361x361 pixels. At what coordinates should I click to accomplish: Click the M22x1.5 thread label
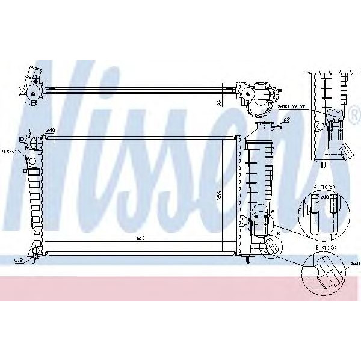(x=11, y=152)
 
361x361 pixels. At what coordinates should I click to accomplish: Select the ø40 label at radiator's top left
(x=50, y=130)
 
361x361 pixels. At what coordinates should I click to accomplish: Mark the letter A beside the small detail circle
(x=273, y=211)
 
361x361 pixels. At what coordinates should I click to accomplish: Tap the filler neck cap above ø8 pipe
(x=264, y=124)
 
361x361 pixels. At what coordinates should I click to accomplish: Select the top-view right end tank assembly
(x=259, y=96)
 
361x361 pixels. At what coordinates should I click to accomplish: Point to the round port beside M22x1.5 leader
(x=34, y=144)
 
